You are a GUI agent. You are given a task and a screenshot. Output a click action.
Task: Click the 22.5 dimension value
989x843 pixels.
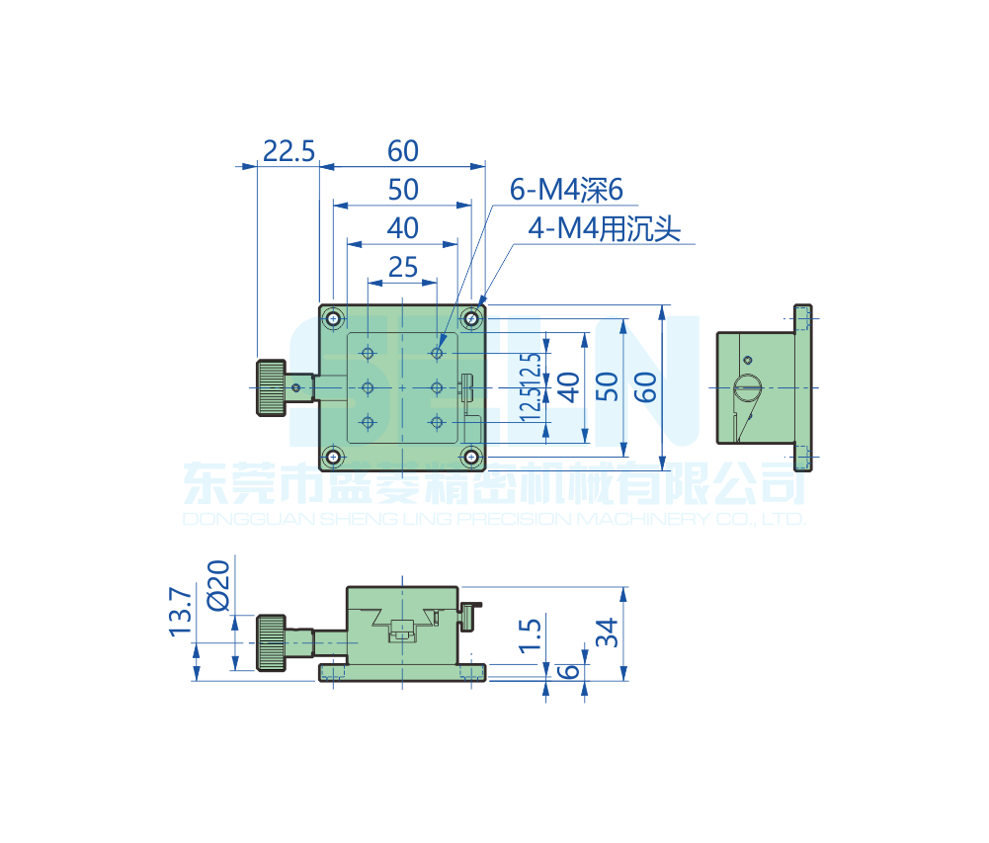[x=288, y=151]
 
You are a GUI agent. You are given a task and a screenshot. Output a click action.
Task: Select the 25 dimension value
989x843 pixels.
[x=402, y=267]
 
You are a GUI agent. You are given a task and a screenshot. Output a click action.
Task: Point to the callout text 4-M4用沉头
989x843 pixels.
[x=605, y=230]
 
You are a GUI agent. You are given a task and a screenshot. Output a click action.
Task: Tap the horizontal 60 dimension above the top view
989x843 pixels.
[x=403, y=151]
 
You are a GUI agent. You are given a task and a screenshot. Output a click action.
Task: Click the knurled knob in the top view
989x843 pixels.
[x=272, y=387]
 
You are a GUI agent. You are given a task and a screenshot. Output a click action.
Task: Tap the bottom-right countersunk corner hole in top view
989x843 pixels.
[x=472, y=457]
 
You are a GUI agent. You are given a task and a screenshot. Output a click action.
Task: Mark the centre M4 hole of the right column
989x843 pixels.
[x=437, y=387]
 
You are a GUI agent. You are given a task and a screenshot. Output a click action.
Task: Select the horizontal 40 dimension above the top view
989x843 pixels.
[x=402, y=228]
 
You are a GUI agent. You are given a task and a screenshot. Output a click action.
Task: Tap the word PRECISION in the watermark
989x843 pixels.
[x=506, y=519]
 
